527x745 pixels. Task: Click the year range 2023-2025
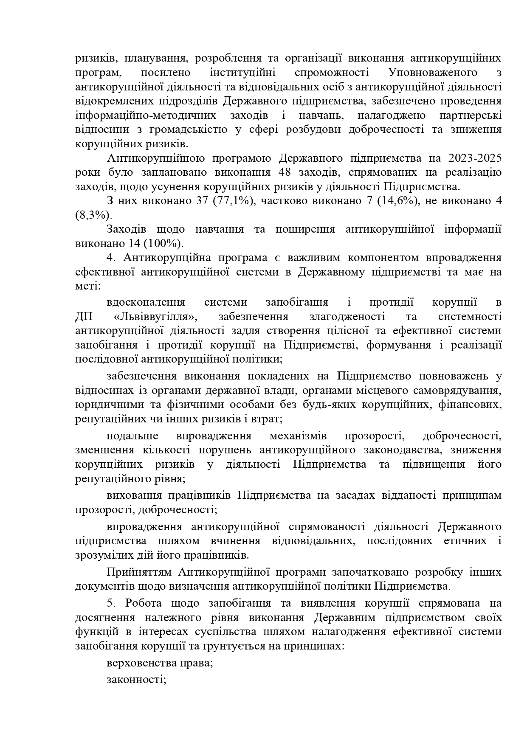click(x=474, y=158)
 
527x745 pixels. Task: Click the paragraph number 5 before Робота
click(x=111, y=603)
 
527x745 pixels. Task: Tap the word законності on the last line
click(x=135, y=679)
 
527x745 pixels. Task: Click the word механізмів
click(x=298, y=436)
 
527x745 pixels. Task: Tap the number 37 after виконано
click(x=202, y=201)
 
